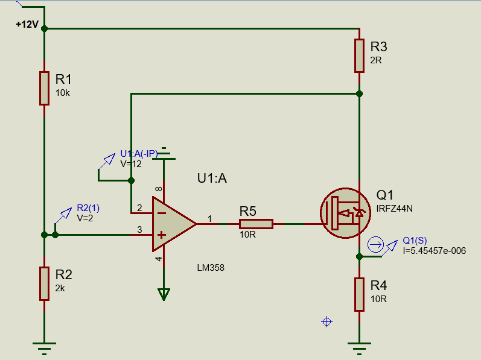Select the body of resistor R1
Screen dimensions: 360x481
click(44, 88)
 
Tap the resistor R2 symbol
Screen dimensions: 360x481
click(44, 283)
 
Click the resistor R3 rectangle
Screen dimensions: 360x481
click(359, 55)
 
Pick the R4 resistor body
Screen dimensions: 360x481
click(359, 294)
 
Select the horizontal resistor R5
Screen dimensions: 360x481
click(256, 224)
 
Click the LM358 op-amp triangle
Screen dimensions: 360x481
click(172, 223)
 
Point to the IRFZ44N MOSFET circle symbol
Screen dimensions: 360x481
click(345, 212)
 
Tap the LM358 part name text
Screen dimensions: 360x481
click(211, 268)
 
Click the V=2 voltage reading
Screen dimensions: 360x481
click(85, 218)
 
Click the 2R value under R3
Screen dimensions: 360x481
click(376, 60)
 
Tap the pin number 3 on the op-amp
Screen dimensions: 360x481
click(139, 229)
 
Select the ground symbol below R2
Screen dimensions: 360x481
click(44, 346)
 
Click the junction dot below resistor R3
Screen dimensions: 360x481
click(359, 93)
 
